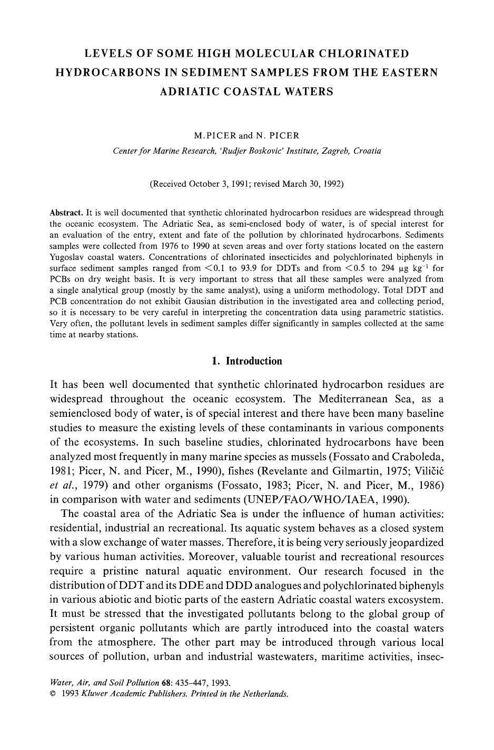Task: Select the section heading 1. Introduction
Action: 246,361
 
